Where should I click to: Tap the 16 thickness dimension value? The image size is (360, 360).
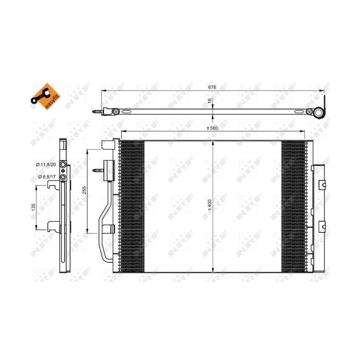tap(210, 102)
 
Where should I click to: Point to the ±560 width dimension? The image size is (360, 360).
tap(212, 128)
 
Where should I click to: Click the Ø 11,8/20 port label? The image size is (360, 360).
tap(45, 164)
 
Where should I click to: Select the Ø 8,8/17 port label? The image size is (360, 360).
tap(45, 176)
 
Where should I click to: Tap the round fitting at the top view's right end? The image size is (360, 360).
tap(320, 112)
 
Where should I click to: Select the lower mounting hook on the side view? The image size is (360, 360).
tap(52, 224)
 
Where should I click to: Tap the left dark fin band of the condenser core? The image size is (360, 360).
tap(132, 206)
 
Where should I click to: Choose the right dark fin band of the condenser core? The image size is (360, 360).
tap(294, 206)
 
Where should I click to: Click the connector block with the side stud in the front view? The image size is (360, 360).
tap(107, 170)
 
